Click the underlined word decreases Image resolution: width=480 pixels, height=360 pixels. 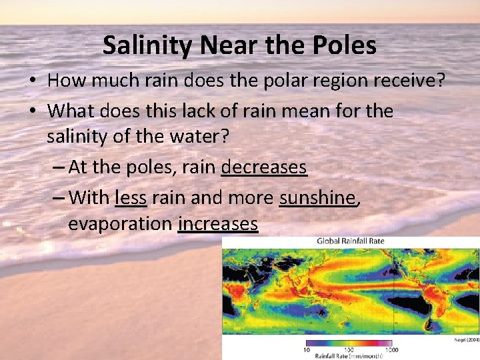264,167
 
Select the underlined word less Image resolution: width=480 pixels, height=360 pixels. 131,197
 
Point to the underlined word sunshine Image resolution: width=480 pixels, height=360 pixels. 318,197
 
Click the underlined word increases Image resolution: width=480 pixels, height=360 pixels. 218,224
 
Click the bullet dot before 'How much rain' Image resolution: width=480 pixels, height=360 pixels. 33,81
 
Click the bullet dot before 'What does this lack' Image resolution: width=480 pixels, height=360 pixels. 33,110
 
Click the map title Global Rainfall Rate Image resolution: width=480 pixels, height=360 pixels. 350,241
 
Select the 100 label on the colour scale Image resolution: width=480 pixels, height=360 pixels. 348,349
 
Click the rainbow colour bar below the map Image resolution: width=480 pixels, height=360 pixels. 349,343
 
